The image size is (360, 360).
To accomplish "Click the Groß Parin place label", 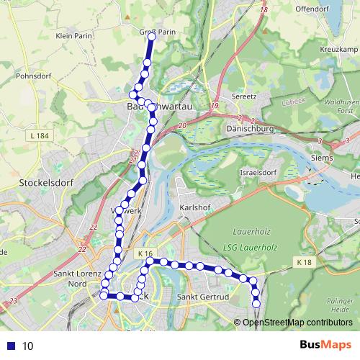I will point(157,32).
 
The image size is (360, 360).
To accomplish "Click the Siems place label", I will point(321,157).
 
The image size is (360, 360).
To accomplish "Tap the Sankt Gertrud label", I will point(202,297).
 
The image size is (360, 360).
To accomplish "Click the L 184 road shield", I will point(41,136).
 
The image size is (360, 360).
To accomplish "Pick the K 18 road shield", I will point(304,264).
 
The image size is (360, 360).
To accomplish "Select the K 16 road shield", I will point(145,253).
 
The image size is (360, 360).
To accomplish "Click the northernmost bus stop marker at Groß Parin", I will point(152,36).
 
